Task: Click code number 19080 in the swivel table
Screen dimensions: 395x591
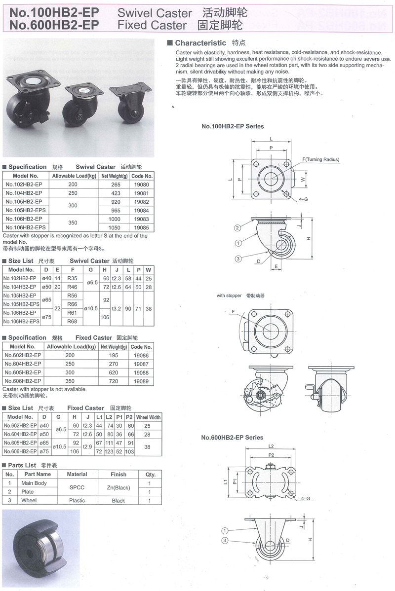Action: (x=142, y=185)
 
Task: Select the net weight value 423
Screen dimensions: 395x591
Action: (x=116, y=193)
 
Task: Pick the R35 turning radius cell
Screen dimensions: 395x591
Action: (x=72, y=279)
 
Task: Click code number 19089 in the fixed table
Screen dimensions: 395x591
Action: (x=141, y=381)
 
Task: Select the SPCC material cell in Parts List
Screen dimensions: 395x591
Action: (x=77, y=487)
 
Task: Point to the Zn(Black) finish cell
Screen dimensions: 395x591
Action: (x=118, y=488)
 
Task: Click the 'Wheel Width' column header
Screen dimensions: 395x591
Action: (x=148, y=417)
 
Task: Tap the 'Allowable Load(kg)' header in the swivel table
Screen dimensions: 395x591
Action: (x=75, y=176)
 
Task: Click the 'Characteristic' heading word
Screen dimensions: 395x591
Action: (x=200, y=43)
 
